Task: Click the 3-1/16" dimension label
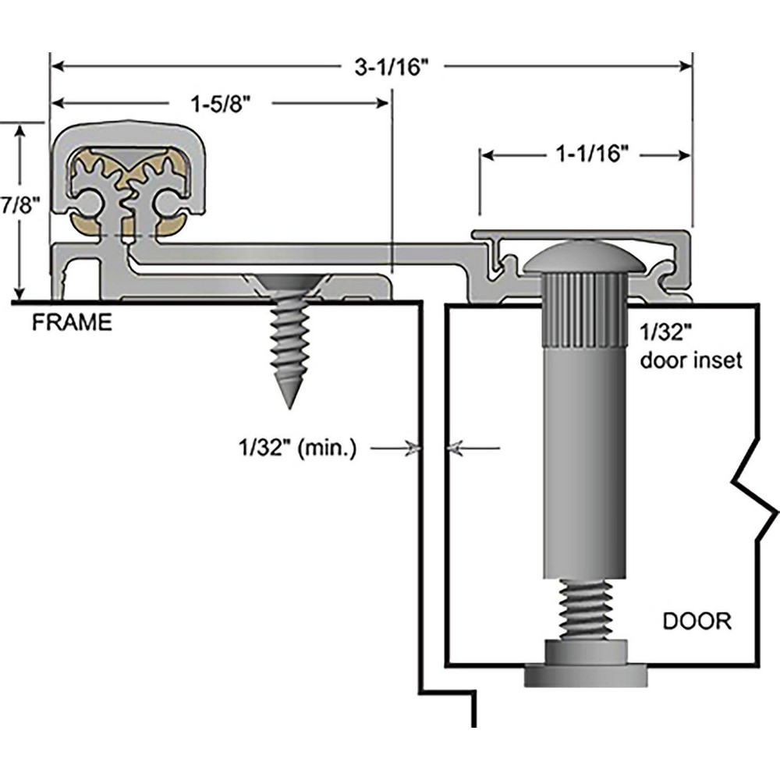click(392, 67)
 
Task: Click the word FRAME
click(72, 322)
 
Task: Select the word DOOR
click(697, 622)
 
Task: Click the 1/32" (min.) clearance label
click(297, 449)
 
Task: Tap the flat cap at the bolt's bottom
click(585, 675)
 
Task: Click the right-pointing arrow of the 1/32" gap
click(412, 448)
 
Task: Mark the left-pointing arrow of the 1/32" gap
click(454, 448)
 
